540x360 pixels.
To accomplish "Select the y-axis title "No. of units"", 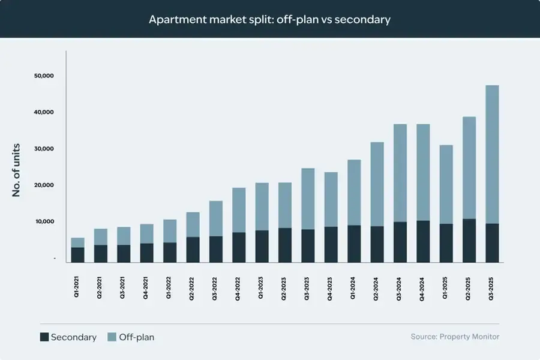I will pyautogui.click(x=17, y=170).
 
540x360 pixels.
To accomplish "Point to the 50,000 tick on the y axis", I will pyautogui.click(x=44, y=76).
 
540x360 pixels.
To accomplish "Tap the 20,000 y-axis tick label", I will pyautogui.click(x=44, y=185).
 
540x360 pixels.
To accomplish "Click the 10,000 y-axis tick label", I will pyautogui.click(x=44, y=222).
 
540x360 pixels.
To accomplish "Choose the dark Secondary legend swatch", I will pyautogui.click(x=44, y=337).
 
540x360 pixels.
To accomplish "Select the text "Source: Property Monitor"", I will pyautogui.click(x=455, y=337).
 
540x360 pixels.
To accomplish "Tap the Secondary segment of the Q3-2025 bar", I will pyautogui.click(x=492, y=243).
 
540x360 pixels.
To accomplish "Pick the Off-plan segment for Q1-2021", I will pyautogui.click(x=77, y=242).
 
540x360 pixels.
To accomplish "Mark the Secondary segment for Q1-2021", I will pyautogui.click(x=77, y=255).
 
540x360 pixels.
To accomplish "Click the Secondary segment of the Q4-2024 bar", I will pyautogui.click(x=423, y=242).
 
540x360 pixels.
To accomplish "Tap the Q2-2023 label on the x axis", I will pyautogui.click(x=284, y=288).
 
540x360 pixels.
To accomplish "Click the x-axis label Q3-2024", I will pyautogui.click(x=400, y=288).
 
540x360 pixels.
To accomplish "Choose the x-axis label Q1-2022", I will pyautogui.click(x=169, y=288).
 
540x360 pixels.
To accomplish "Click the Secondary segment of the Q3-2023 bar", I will pyautogui.click(x=308, y=246).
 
